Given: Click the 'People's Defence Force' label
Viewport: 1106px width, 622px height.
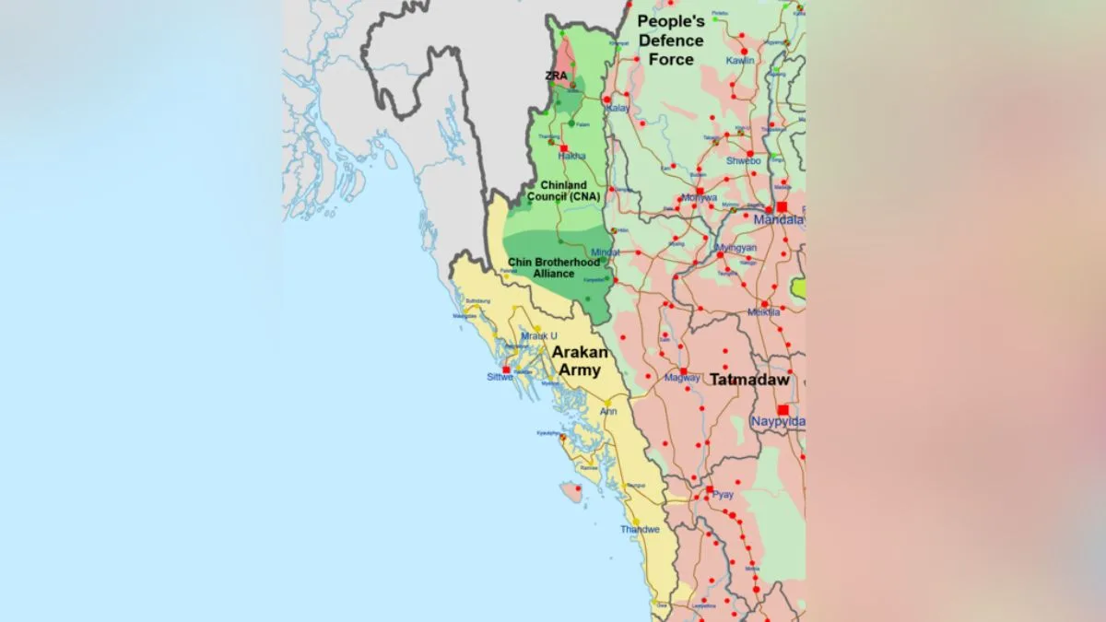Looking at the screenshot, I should click(671, 41).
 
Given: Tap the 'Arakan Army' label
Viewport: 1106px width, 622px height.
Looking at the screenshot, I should click(576, 361).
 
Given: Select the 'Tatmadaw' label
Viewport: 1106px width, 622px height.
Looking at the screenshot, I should click(749, 380).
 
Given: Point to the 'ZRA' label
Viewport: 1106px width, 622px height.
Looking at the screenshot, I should click(556, 76).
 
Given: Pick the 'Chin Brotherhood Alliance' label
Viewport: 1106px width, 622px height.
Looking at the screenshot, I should click(554, 267).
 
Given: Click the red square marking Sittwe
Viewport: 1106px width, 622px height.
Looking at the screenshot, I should click(506, 370).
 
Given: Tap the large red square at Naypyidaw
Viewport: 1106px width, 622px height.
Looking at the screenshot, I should click(782, 410).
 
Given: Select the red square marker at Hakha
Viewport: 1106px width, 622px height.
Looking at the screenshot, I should click(563, 147).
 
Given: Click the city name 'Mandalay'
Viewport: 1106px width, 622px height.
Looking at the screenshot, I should click(779, 220).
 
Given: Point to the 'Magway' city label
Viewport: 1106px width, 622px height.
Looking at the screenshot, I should click(682, 378).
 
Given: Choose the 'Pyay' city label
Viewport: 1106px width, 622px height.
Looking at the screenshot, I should click(723, 495).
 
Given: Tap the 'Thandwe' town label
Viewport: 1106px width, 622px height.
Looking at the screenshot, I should click(640, 530).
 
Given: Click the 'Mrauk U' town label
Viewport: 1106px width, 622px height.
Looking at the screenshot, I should click(539, 336).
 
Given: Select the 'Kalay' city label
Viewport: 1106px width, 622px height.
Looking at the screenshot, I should click(618, 108).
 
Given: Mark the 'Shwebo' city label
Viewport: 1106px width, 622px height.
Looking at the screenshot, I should click(744, 160).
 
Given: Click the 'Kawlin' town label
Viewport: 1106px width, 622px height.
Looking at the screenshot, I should click(740, 61).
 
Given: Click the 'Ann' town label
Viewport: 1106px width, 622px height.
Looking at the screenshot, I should click(608, 411).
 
